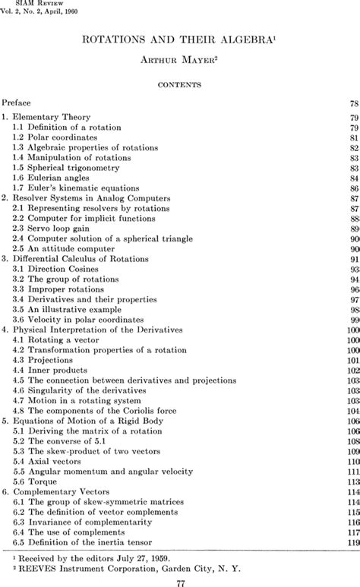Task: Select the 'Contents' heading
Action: pos(179,85)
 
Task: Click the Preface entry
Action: pos(17,101)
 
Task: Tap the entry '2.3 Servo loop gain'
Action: pos(54,228)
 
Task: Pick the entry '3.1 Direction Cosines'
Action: pos(58,268)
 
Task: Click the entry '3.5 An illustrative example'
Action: pos(68,309)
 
